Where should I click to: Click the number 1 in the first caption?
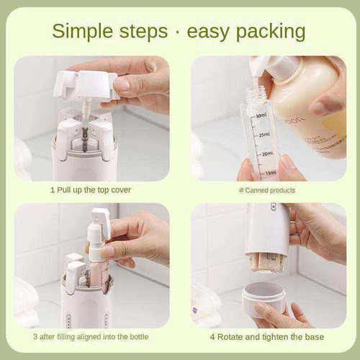[x=52, y=190]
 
